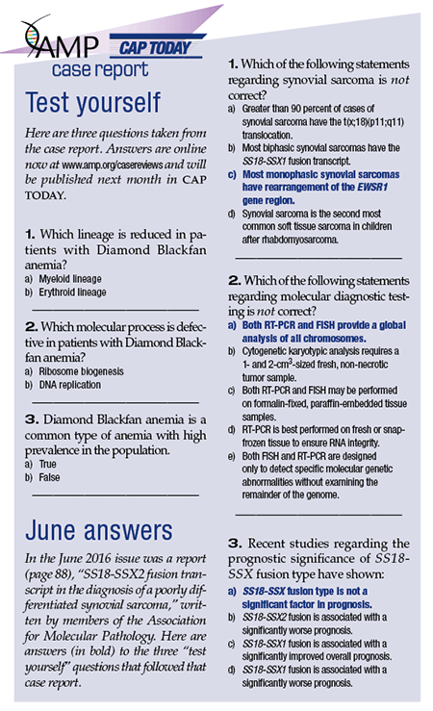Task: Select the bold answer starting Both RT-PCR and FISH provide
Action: click(x=318, y=332)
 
